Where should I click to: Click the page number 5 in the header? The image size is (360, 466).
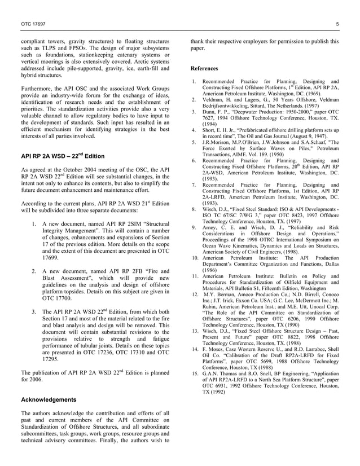pos(337,23)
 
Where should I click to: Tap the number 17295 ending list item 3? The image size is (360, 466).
pos(52,358)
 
